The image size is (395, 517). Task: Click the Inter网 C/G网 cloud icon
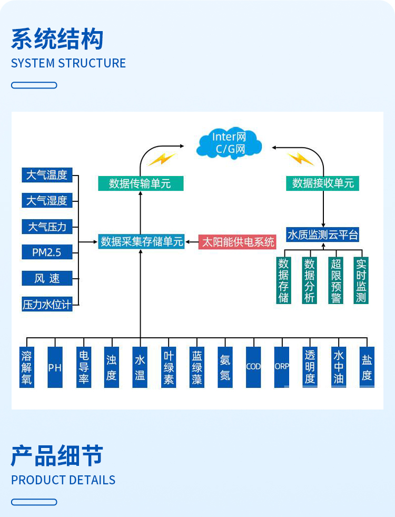coord(229,143)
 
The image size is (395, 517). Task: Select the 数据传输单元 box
coord(141,183)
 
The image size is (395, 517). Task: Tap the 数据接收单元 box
coord(323,183)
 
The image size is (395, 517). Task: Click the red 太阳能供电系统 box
coord(237,242)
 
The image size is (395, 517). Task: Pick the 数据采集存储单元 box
coord(142,242)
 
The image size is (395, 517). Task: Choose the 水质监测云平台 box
coord(322,235)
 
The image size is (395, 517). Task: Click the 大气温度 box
coord(47,175)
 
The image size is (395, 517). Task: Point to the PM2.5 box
coord(47,252)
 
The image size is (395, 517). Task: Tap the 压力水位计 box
coord(47,304)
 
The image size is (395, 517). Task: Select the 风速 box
coord(47,278)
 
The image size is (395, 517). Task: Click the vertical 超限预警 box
coord(335,280)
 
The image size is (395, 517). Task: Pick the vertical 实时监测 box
coord(361,280)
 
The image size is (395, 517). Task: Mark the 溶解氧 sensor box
coord(27,367)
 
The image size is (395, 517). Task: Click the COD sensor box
coord(253,367)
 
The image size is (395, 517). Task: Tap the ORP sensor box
coord(282,367)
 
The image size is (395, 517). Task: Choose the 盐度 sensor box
coord(367,367)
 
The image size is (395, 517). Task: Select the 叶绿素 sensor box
coord(169,367)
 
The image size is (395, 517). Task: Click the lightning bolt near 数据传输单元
coord(161,159)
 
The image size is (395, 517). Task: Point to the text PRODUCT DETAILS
coord(63,480)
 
